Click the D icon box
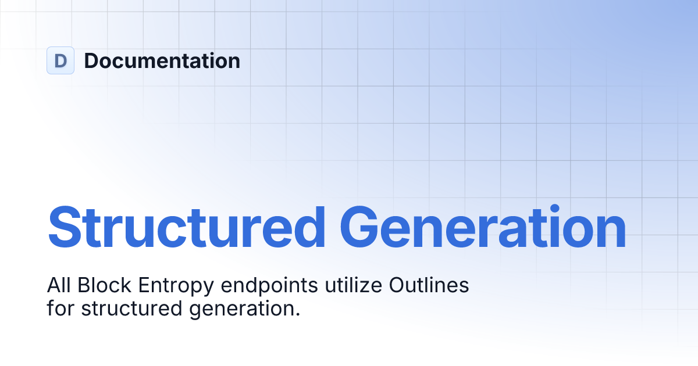60,60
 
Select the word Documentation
162,60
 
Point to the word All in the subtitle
58,286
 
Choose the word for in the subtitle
60,308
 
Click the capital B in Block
83,286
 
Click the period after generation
297,314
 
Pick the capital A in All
54,286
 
